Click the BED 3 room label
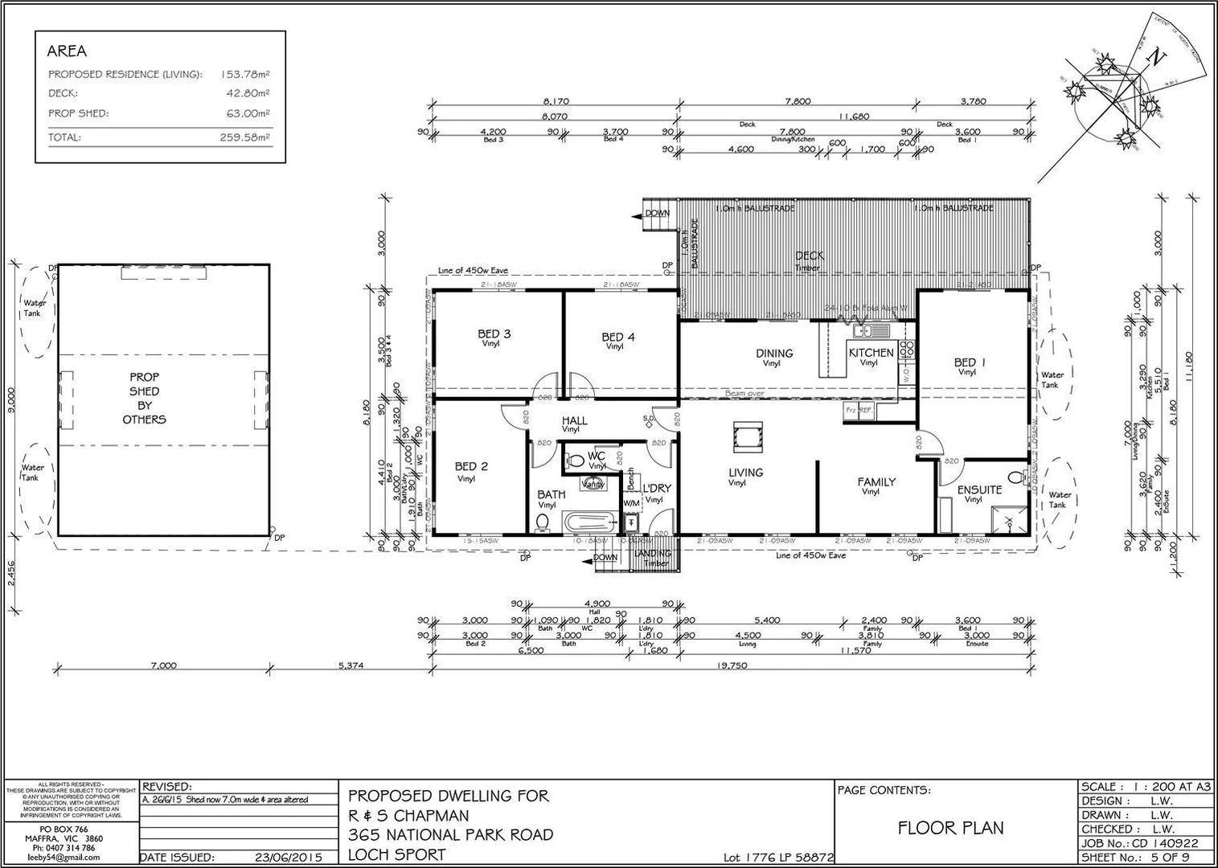pyautogui.click(x=494, y=334)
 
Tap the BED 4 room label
pyautogui.click(x=617, y=338)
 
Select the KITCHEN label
pyautogui.click(x=871, y=353)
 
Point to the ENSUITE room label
pyautogui.click(x=979, y=489)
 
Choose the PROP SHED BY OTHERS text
pyautogui.click(x=145, y=398)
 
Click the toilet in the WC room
pyautogui.click(x=576, y=462)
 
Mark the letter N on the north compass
pyautogui.click(x=1156, y=58)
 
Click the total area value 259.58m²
pyautogui.click(x=244, y=137)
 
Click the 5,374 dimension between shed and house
pyautogui.click(x=351, y=665)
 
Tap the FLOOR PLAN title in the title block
pyautogui.click(x=950, y=828)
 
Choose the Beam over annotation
pyautogui.click(x=744, y=394)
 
